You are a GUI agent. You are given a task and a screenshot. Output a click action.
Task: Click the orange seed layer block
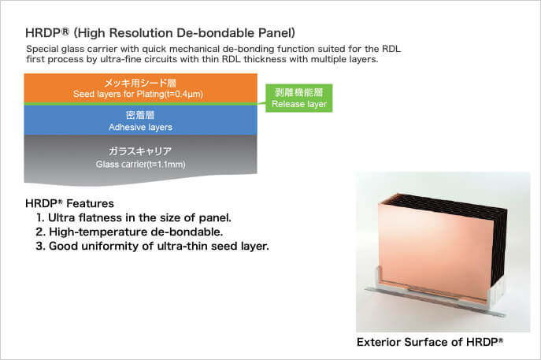[x=140, y=88]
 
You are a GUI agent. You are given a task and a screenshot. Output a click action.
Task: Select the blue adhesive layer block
[x=140, y=120]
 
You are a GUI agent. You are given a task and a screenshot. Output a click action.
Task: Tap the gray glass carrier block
[x=140, y=159]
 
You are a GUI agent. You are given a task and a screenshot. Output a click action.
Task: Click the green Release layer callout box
[x=298, y=98]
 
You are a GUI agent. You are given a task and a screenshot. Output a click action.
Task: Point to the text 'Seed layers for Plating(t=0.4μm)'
[x=138, y=94]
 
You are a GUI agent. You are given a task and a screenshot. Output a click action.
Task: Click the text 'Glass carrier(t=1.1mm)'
[x=140, y=165]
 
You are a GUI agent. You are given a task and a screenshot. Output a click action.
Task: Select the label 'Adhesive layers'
[x=140, y=127]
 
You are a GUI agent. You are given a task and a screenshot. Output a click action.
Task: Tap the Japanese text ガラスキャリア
[x=140, y=151]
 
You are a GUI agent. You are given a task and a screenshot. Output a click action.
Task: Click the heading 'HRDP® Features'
[x=69, y=204]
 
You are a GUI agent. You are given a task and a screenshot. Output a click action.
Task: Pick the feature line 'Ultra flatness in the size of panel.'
[x=134, y=217]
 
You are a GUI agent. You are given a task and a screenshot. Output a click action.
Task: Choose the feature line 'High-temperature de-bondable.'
[x=129, y=232]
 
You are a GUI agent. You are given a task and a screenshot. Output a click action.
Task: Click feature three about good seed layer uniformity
[x=152, y=246]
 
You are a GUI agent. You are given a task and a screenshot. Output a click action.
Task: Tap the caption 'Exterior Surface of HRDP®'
[x=430, y=342]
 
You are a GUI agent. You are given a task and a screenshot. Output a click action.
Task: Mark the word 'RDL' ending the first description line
[x=391, y=49]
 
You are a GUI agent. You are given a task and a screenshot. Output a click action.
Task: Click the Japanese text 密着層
[x=140, y=115]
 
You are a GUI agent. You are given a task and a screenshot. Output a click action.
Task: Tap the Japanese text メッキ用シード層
[x=140, y=83]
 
